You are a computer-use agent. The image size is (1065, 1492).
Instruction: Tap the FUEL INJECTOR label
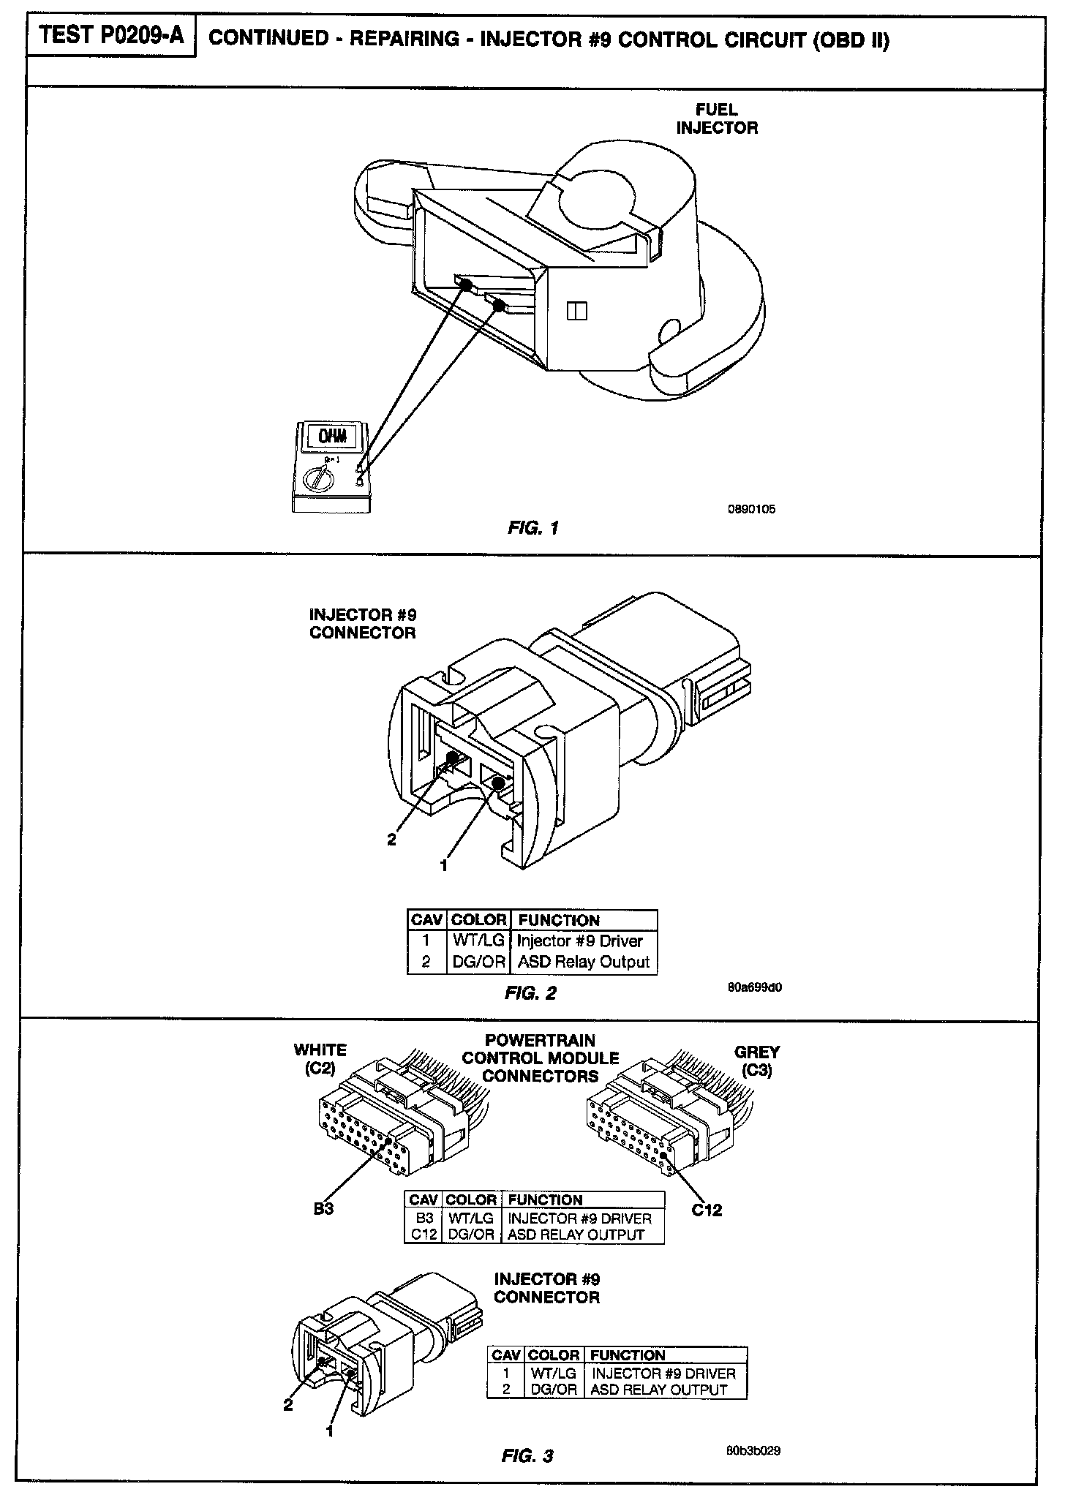coord(716,118)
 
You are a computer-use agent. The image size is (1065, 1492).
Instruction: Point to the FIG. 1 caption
coord(533,527)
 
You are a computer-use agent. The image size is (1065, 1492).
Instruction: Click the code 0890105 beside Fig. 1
coord(751,509)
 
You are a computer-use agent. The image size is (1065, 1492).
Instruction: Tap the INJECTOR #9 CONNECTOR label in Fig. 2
coord(362,623)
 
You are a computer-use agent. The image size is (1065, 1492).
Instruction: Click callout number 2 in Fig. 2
coord(391,840)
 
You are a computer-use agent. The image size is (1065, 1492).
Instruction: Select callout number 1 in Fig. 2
coord(443,865)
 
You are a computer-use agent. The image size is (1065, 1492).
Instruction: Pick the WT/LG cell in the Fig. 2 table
coord(478,941)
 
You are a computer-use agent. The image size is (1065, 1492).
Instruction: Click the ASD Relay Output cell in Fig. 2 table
coord(583,962)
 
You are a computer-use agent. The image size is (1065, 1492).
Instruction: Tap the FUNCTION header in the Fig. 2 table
coord(558,920)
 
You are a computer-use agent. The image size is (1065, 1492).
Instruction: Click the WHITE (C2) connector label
coord(320,1059)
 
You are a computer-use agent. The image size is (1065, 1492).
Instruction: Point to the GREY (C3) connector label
coord(756,1061)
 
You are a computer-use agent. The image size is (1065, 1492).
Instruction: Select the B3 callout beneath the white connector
coord(323,1209)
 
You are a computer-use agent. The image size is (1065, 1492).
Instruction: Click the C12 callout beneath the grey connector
coord(707,1210)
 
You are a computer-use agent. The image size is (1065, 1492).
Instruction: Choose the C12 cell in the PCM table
coord(424,1235)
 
